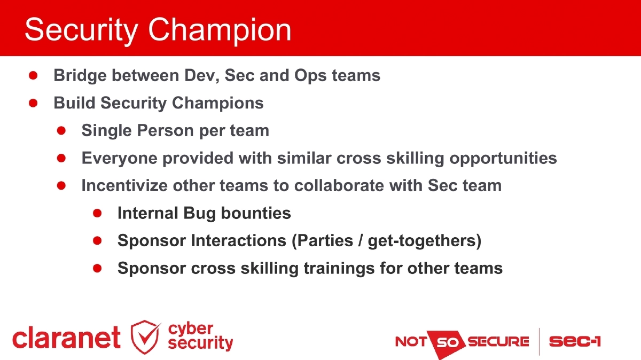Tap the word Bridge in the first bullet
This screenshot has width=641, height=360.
[80, 75]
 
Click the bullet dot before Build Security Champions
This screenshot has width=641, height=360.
[33, 103]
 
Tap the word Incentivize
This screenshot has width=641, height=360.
[124, 185]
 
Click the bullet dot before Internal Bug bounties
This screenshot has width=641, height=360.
[97, 213]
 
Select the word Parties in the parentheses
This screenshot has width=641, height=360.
[324, 240]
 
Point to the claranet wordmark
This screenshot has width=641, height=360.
[66, 338]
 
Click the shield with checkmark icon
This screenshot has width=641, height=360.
[145, 337]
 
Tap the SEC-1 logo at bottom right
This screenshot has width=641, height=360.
[574, 341]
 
